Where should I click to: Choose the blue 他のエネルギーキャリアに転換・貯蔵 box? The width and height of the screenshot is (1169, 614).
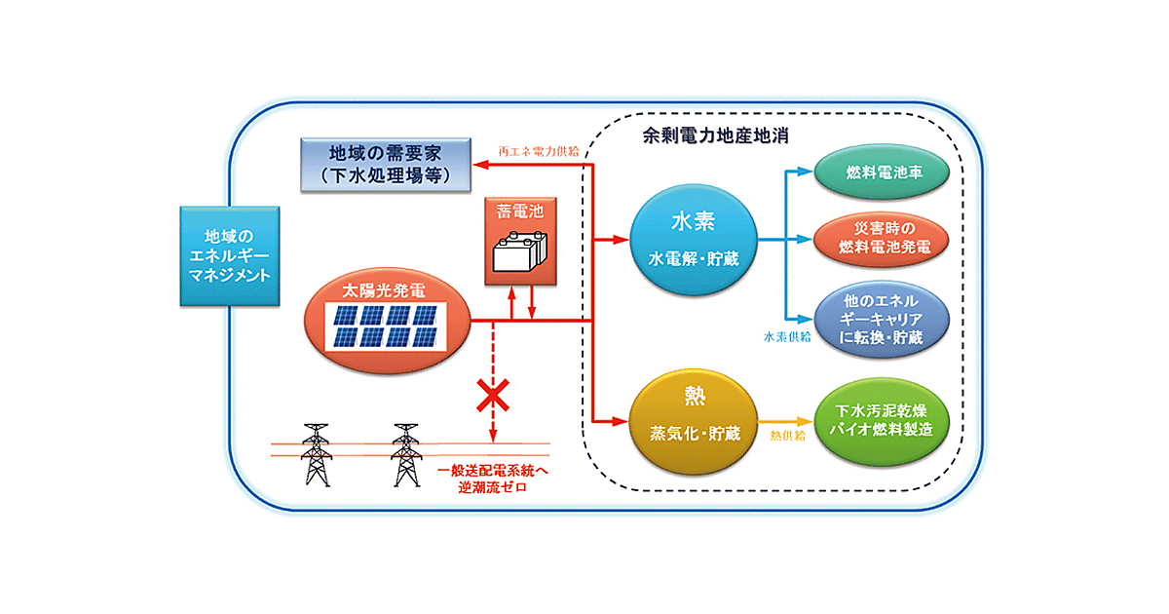[883, 319]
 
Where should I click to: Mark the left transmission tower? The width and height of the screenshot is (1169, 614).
[314, 454]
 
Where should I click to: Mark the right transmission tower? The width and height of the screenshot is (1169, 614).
[405, 454]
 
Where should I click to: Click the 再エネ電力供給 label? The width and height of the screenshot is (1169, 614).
[539, 151]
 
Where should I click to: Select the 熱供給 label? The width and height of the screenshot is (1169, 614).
[788, 434]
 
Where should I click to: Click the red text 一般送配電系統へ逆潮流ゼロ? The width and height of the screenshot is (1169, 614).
[493, 479]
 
